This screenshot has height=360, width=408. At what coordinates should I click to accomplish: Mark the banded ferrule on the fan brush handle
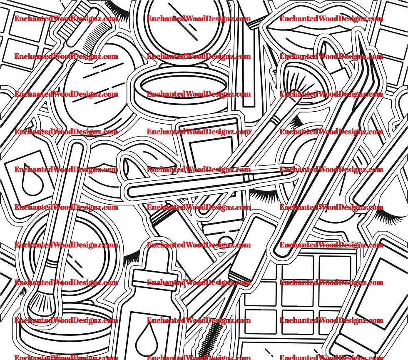point(275,120)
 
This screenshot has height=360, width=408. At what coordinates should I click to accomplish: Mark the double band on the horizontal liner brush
point(248,178)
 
